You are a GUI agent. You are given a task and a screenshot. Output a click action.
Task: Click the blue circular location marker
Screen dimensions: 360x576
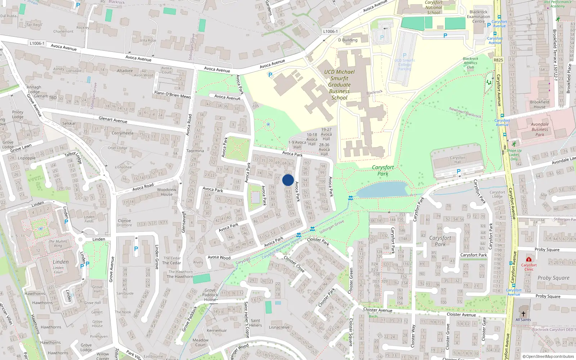tap(288, 180)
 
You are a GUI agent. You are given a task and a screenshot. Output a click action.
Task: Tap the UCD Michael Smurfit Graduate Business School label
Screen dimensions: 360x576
tap(339, 85)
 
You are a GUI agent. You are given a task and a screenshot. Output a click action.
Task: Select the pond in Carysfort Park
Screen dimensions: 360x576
tap(382, 190)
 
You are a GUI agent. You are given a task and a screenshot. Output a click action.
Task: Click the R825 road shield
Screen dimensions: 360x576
tap(498, 60)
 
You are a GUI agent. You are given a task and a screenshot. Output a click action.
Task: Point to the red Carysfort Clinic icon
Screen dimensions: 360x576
tap(528, 259)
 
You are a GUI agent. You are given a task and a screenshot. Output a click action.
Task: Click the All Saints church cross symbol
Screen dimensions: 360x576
tap(523, 314)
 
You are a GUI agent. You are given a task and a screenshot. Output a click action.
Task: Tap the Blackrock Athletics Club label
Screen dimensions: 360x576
tap(471, 63)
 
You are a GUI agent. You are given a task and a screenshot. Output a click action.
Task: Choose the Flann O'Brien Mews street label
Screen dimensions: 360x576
tap(172, 94)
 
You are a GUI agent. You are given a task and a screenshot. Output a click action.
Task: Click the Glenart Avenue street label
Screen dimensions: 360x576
tap(113, 120)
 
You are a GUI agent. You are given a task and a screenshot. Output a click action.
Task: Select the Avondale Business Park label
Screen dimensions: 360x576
tap(540, 130)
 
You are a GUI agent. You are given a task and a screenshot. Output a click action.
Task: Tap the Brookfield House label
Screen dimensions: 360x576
tap(539, 104)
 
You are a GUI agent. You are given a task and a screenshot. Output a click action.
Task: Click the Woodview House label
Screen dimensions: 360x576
tap(167, 192)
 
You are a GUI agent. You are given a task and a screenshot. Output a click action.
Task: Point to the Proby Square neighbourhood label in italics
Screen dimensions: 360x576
tap(553, 278)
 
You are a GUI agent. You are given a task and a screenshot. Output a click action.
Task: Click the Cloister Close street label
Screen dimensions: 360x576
tap(294, 264)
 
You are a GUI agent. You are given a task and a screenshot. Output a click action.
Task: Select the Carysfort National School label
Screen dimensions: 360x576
tap(433, 8)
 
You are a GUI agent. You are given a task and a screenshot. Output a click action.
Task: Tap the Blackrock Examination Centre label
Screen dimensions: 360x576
tap(478, 17)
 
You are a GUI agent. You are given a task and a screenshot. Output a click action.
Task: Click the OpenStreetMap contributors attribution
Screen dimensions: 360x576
tap(548, 356)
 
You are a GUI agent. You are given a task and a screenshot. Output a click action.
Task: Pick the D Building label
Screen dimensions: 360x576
tap(348, 40)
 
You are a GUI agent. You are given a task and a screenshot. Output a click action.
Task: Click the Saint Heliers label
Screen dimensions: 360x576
tap(255, 323)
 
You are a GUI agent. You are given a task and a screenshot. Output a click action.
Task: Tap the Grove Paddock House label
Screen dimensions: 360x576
tap(210, 295)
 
